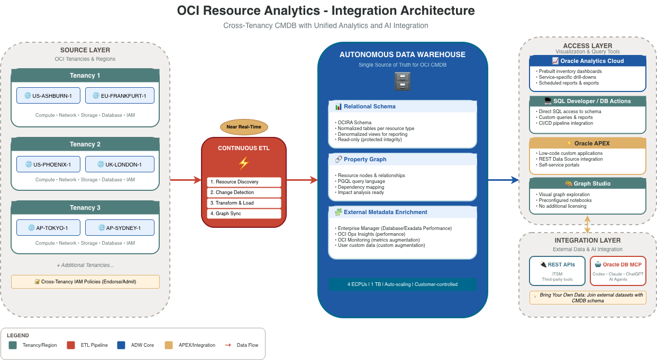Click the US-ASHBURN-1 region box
(x=48, y=96)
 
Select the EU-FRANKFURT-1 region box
(x=120, y=96)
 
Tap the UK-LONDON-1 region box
(x=120, y=164)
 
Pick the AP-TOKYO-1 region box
(x=48, y=228)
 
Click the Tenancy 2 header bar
(x=85, y=144)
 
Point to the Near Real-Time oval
(x=244, y=127)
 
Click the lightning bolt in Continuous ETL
(x=244, y=163)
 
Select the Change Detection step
(x=244, y=192)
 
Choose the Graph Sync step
(x=244, y=214)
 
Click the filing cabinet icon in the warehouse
(x=403, y=81)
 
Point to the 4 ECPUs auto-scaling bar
(x=403, y=284)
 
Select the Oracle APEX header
(x=588, y=143)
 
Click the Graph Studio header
(x=588, y=183)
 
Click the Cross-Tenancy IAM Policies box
(x=85, y=282)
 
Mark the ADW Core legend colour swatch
(x=121, y=345)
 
